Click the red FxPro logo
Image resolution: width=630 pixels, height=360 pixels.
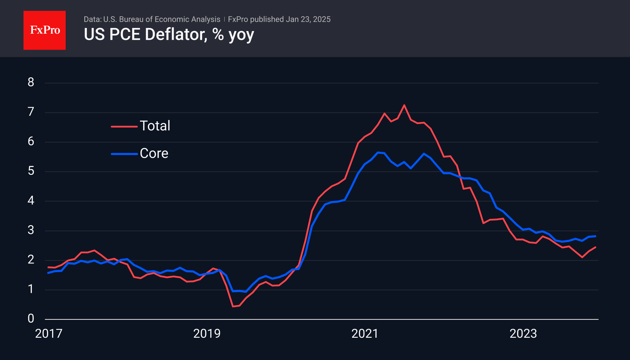45,30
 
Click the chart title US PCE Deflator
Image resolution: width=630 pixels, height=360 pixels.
169,35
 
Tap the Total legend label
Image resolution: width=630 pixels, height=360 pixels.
155,126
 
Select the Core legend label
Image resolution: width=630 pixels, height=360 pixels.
154,154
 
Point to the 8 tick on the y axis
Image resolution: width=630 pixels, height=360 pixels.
31,82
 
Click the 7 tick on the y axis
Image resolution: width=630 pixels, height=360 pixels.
31,112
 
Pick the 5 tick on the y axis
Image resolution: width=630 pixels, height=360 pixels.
31,171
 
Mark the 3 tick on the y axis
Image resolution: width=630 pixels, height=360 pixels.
31,230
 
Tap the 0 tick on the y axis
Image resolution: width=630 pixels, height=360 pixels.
31,318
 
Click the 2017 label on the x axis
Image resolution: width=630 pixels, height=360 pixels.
49,334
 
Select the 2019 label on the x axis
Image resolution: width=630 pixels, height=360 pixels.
207,334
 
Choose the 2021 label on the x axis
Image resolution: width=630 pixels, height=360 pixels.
365,334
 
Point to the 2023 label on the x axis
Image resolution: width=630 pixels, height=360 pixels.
523,334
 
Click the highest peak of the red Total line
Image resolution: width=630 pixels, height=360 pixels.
404,105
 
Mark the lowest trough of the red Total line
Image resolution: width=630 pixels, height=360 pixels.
233,306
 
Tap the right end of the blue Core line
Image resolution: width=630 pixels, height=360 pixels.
595,236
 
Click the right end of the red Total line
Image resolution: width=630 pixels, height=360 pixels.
595,247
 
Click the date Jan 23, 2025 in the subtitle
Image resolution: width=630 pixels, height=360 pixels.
308,19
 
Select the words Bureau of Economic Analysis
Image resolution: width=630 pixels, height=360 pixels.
170,19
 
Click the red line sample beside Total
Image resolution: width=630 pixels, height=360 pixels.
124,126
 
